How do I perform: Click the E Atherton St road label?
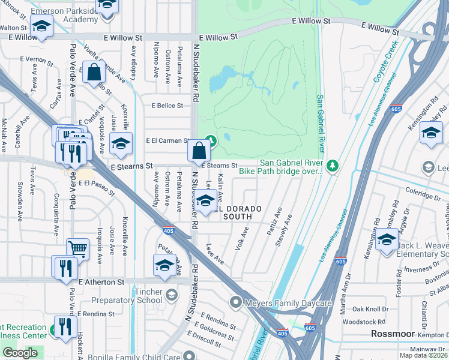pyautogui.click(x=100, y=281)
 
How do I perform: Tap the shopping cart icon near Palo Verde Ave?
pyautogui.click(x=77, y=249)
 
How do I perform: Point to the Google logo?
pyautogui.click(x=20, y=353)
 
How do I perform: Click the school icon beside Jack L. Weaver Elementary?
pyautogui.click(x=387, y=241)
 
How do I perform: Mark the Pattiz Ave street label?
pyautogui.click(x=277, y=220)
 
